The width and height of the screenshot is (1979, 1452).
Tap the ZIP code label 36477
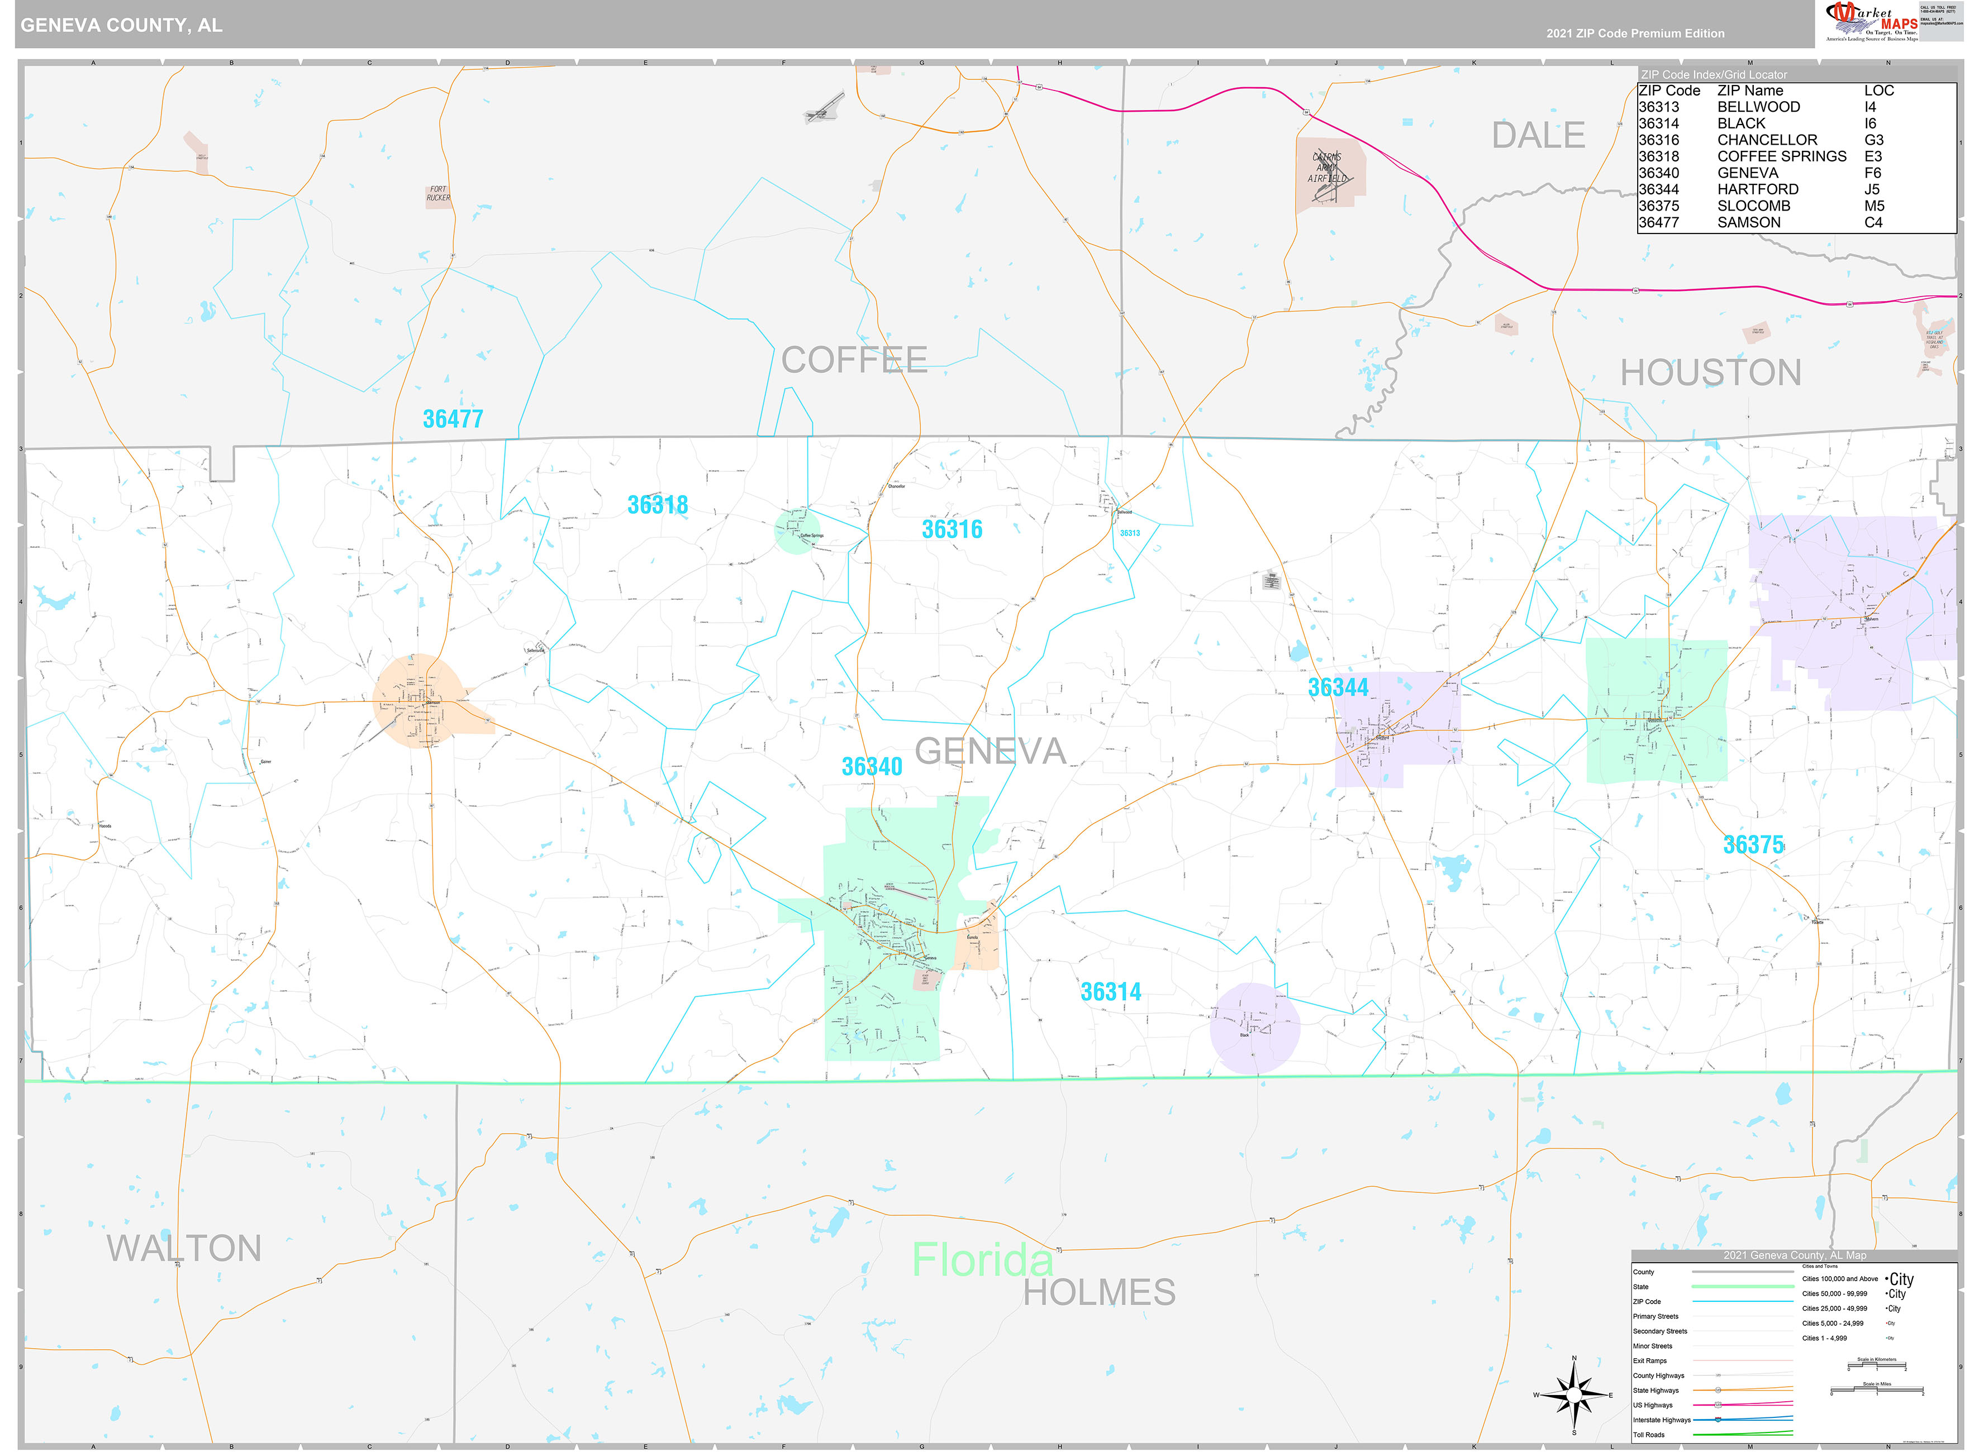click(453, 419)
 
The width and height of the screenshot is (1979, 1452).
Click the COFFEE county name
click(854, 360)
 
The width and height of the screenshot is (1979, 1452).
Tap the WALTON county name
click(184, 1249)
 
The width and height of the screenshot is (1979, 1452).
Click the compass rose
click(1574, 1395)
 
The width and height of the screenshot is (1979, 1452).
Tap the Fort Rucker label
click(438, 193)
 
